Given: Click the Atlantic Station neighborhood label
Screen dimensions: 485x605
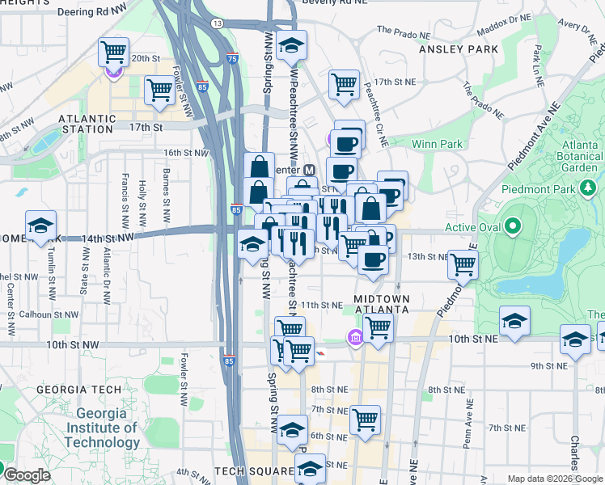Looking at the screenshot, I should tap(86, 124).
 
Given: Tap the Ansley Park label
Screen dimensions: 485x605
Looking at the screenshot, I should tap(459, 49).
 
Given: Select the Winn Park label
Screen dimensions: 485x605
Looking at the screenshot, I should tap(437, 144).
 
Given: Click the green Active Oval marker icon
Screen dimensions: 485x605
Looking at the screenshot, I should tap(511, 227).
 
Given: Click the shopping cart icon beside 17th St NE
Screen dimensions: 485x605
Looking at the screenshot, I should tap(345, 83).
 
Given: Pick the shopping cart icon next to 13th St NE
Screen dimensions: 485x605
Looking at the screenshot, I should tap(463, 264).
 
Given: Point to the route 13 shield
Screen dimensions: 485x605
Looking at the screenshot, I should tap(217, 23).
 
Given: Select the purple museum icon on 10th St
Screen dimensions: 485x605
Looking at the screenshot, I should tap(354, 336).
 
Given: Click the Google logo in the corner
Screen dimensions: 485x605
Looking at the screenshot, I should tap(26, 475).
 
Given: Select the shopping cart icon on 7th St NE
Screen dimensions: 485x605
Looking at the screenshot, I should tap(365, 419).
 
